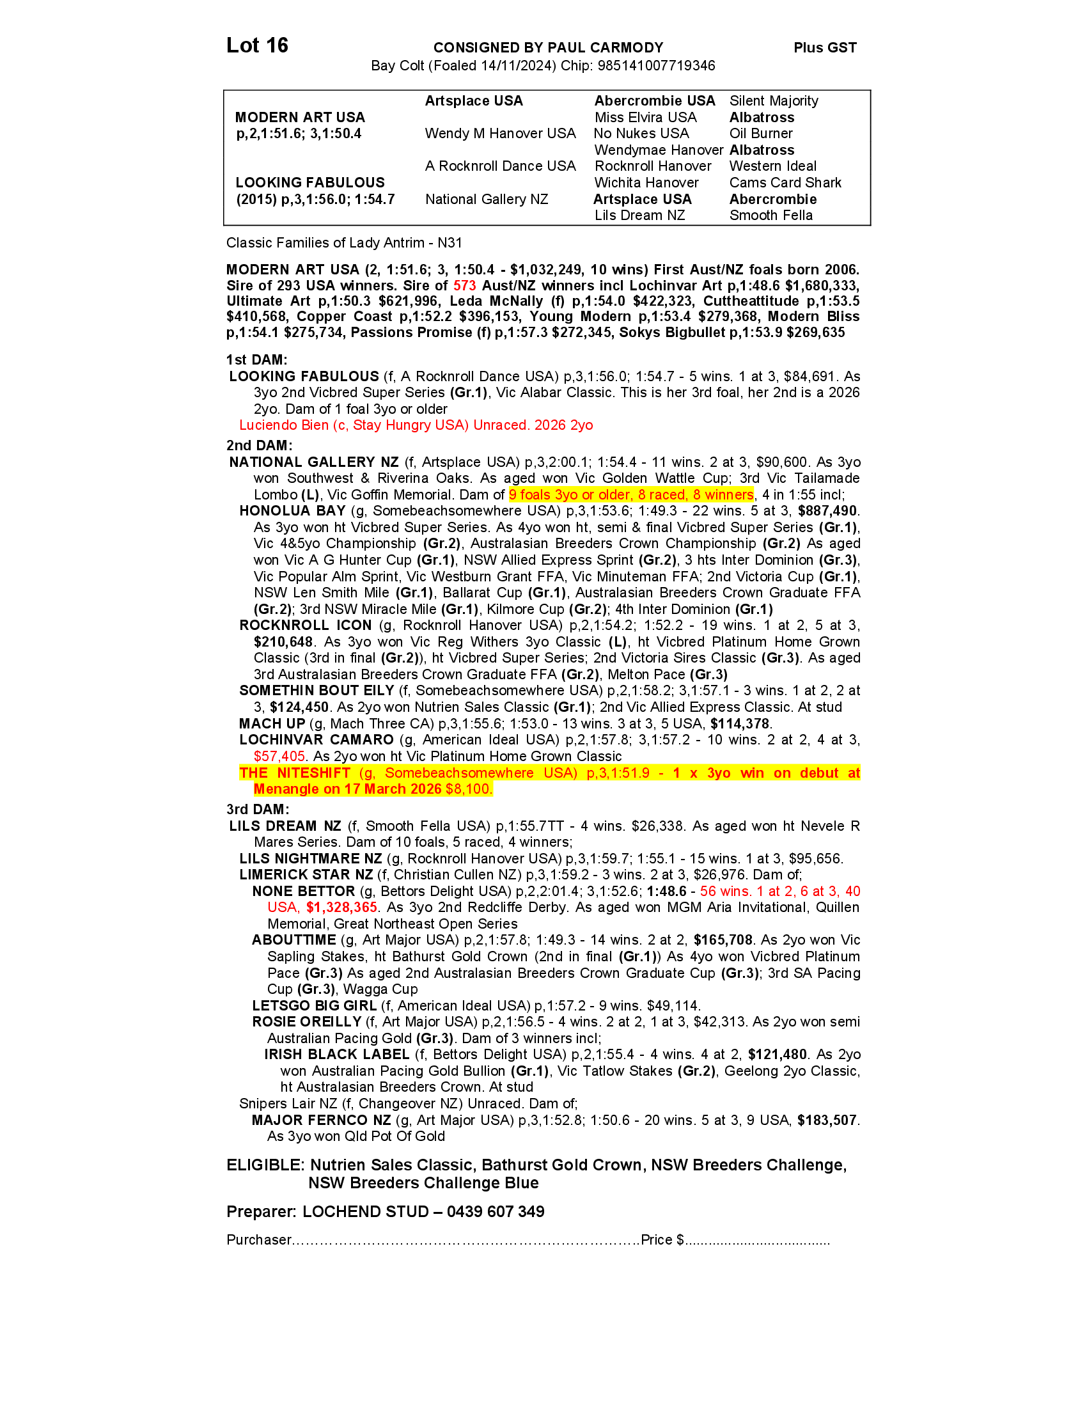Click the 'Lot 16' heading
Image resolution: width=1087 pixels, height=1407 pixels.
pos(257,46)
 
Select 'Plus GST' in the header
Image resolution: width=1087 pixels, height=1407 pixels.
pos(825,48)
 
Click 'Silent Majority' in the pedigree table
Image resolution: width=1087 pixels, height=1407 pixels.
pos(774,101)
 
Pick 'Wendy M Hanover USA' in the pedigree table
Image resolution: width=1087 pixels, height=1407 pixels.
pos(500,134)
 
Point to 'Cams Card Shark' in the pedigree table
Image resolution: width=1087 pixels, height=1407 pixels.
pos(785,183)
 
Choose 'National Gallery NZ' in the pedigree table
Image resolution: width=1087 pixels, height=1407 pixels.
pos(486,200)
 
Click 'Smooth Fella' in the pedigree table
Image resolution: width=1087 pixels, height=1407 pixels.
pos(771,216)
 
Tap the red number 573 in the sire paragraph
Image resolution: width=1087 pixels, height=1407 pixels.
pos(464,286)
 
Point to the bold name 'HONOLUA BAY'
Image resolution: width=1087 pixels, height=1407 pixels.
pos(292,511)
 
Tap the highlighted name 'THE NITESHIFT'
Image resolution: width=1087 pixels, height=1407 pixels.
pos(294,773)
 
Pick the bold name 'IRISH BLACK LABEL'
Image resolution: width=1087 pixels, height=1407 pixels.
pos(336,1055)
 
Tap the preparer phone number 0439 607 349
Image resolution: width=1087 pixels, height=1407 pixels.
pos(495,1212)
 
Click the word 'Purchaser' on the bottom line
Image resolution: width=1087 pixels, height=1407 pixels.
pos(259,1240)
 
